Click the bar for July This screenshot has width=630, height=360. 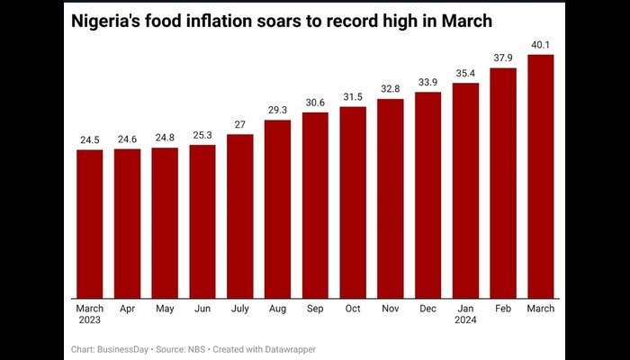tap(239, 216)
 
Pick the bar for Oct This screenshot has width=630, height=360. tap(353, 202)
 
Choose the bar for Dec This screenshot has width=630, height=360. tap(427, 194)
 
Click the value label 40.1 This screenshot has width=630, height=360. tap(540, 46)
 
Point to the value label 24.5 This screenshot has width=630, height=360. tap(89, 140)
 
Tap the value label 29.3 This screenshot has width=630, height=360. tap(277, 111)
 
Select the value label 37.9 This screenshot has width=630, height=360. tap(502, 59)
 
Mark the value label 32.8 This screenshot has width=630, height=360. tap(390, 90)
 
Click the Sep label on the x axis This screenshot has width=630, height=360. tap(315, 309)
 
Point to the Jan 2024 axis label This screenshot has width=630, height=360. tap(465, 314)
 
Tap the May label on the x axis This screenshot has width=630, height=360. tap(165, 309)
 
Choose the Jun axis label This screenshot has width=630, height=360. tap(202, 309)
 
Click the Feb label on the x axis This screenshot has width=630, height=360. tap(502, 309)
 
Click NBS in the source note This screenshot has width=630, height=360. tap(193, 348)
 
